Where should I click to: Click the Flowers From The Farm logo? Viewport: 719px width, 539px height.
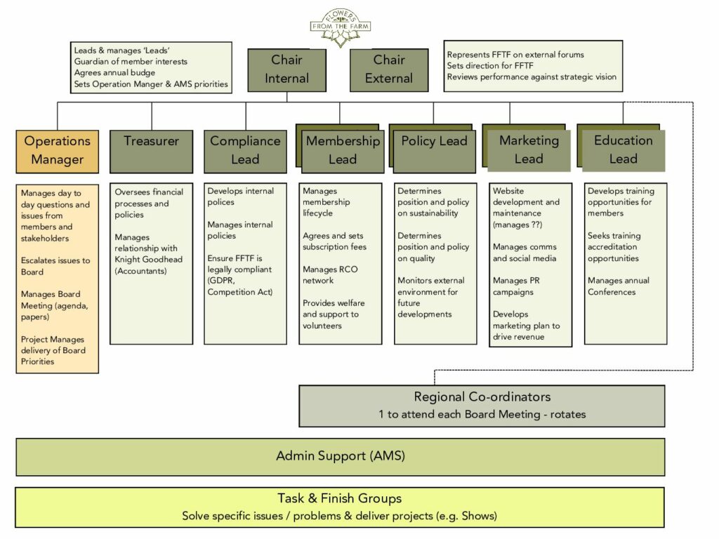point(341,27)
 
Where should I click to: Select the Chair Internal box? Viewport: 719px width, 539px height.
point(286,69)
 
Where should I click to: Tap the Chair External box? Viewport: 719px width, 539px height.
point(388,69)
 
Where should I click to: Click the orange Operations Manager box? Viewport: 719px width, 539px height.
point(58,150)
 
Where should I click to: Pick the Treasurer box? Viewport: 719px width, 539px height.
point(151,150)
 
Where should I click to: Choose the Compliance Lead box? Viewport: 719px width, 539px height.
point(245,150)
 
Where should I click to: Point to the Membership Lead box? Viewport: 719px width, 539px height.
point(343,150)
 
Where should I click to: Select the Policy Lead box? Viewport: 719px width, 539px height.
point(434,150)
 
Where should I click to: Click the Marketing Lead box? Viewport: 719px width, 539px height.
point(529,150)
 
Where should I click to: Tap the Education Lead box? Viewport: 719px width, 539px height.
point(623,150)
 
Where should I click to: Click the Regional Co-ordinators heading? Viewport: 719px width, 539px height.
point(482,397)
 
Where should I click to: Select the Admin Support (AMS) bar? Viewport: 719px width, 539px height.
point(341,456)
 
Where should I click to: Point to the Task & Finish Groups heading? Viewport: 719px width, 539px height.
point(339,498)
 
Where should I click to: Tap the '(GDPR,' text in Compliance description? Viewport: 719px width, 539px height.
point(222,281)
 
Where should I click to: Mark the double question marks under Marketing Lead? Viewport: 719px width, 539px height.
point(538,225)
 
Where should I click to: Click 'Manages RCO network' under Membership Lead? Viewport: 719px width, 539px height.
point(329,275)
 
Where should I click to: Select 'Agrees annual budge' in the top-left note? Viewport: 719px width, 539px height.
point(114,73)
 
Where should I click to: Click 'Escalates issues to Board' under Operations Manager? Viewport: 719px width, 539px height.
point(55,266)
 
